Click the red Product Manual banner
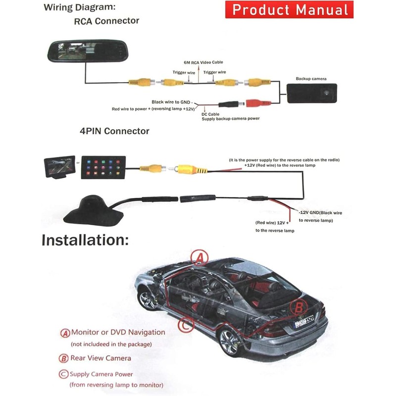click(x=290, y=9)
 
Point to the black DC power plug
click(x=230, y=105)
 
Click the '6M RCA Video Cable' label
click(x=203, y=62)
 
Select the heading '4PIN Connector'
click(x=114, y=131)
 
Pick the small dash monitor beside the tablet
click(x=59, y=167)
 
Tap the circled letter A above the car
click(x=199, y=257)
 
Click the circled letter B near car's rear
click(x=298, y=307)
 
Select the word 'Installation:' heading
click(x=85, y=241)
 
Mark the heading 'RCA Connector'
click(x=106, y=21)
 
